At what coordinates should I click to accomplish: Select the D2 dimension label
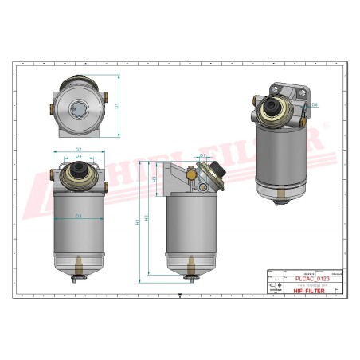79,149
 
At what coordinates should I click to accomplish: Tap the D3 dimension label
79,215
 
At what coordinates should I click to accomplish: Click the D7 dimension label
203,155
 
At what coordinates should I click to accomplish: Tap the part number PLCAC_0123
311,279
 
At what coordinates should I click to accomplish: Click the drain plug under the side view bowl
189,276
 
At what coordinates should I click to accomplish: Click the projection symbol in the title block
273,284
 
